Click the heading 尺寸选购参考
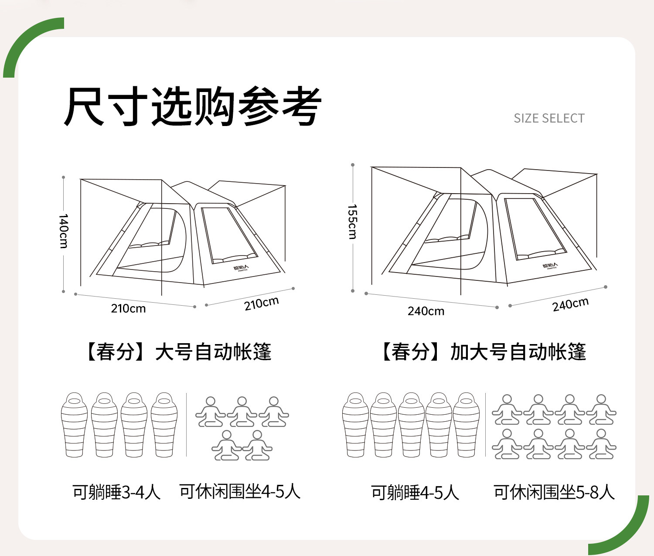click(192, 107)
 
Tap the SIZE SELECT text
click(549, 119)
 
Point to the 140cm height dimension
click(64, 231)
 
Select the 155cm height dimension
click(352, 222)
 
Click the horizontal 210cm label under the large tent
click(128, 309)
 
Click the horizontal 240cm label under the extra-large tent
click(426, 311)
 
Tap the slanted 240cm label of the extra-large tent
click(570, 304)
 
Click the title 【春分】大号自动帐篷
click(178, 352)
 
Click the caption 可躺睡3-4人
click(116, 492)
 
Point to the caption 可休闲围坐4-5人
click(240, 492)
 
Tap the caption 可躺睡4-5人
click(415, 493)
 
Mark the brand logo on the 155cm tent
click(550, 266)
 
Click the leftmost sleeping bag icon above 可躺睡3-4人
click(74, 425)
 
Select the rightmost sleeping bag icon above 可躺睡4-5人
click(466, 425)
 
